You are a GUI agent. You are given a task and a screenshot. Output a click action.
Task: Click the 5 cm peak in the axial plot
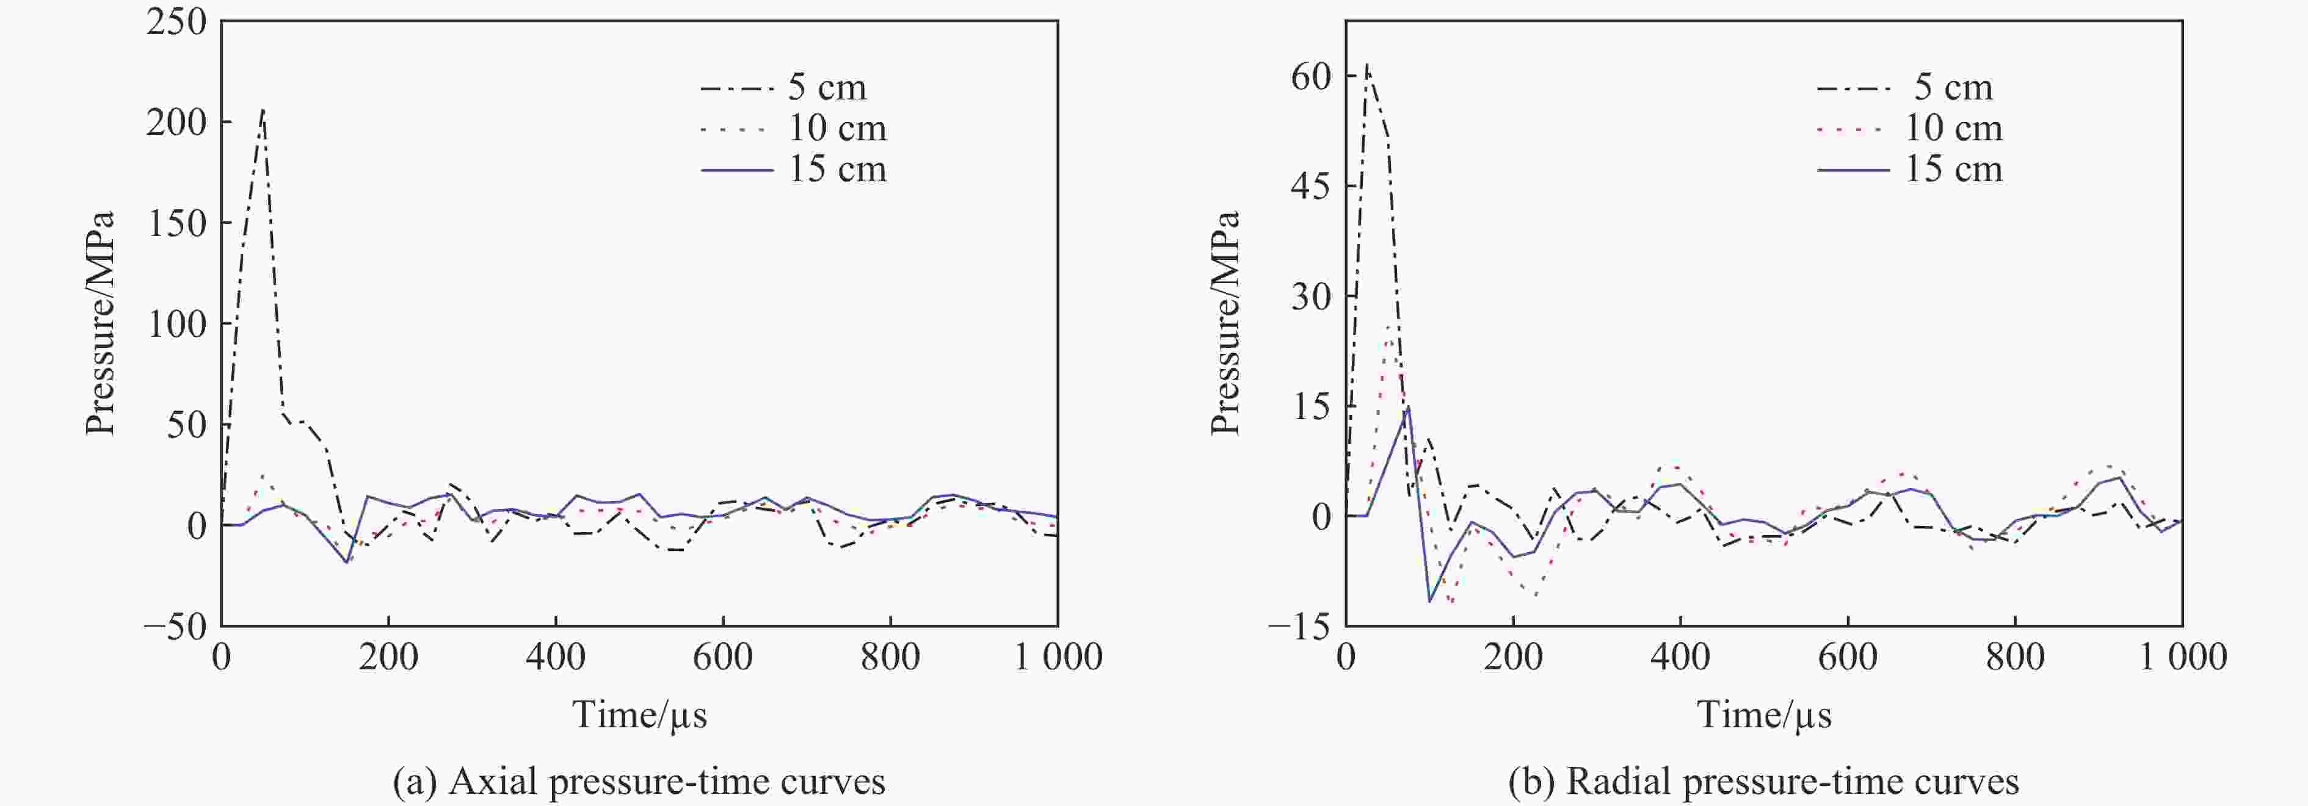click(263, 110)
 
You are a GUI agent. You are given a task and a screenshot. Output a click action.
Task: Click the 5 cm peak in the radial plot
click(1366, 65)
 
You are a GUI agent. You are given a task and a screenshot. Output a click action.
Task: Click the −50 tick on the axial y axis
click(176, 626)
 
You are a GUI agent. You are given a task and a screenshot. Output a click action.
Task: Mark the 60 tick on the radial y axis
click(1311, 76)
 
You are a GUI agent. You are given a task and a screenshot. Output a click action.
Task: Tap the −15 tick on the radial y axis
click(1300, 626)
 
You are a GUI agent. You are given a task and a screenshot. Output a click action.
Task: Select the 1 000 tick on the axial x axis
click(1058, 657)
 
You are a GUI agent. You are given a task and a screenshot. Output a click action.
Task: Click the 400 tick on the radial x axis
click(1680, 657)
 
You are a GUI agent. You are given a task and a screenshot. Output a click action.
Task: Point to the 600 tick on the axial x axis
click(722, 657)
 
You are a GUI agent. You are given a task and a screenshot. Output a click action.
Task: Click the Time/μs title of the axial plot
click(639, 714)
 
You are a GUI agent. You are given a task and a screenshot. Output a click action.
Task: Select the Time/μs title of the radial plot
click(1763, 714)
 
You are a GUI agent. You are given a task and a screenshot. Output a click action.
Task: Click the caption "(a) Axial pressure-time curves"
click(639, 782)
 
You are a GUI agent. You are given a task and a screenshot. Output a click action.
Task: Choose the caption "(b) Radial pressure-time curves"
click(1763, 782)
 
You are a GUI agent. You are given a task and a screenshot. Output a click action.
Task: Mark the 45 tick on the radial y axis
click(1311, 186)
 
